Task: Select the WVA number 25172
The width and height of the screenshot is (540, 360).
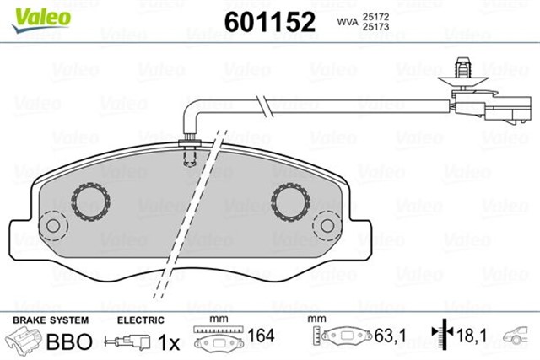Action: pyautogui.click(x=373, y=15)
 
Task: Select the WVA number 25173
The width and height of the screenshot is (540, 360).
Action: pyautogui.click(x=373, y=27)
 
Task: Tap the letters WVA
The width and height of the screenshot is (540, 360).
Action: pyautogui.click(x=346, y=20)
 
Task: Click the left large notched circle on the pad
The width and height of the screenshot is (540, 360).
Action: pyautogui.click(x=89, y=201)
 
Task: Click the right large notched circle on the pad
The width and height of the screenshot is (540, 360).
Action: pyautogui.click(x=290, y=201)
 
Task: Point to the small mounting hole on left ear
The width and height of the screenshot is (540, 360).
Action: pyautogui.click(x=53, y=226)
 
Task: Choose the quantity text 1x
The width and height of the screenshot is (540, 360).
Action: pyautogui.click(x=168, y=342)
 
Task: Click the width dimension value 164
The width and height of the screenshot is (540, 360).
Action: pyautogui.click(x=260, y=338)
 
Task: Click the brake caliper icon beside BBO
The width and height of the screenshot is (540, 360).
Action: pyautogui.click(x=25, y=341)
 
